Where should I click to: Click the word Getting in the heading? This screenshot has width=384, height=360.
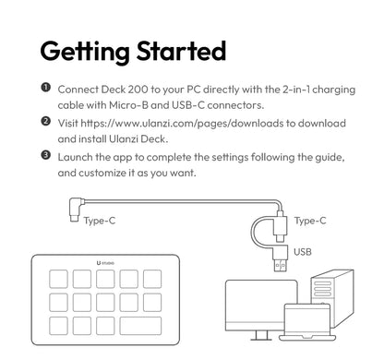[85, 53]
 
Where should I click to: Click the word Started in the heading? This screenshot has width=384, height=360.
[181, 51]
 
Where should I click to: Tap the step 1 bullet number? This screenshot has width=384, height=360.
[45, 88]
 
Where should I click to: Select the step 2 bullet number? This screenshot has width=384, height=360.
[45, 121]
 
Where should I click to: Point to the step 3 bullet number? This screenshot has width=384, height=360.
[45, 155]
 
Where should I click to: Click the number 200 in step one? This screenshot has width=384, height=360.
[138, 90]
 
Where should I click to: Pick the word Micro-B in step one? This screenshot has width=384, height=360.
[128, 105]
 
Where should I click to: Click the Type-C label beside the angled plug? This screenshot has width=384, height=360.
[100, 221]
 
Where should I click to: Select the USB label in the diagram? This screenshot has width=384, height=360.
[303, 252]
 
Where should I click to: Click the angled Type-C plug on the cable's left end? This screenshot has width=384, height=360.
[76, 209]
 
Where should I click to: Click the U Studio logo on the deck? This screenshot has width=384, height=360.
[105, 263]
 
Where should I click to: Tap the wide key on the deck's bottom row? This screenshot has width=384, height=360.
[140, 326]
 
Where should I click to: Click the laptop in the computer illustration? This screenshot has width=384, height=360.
[307, 322]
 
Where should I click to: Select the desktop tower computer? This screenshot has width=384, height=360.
[332, 298]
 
